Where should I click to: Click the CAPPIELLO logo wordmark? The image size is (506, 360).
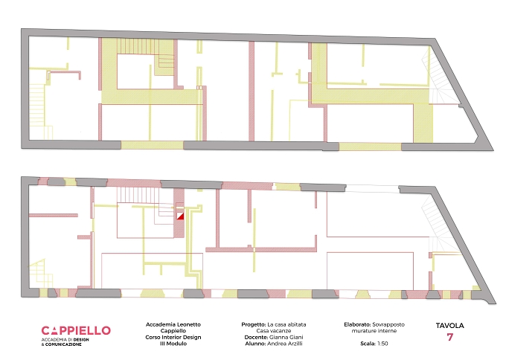click(x=76, y=331)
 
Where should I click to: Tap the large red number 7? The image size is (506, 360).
click(x=450, y=337)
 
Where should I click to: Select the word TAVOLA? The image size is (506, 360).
click(x=450, y=326)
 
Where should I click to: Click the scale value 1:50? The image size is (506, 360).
click(x=382, y=344)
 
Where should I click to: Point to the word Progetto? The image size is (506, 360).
click(x=253, y=324)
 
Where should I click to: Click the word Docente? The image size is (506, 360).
click(x=256, y=337)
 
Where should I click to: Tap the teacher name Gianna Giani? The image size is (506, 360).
click(x=286, y=337)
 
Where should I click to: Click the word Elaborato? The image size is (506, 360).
click(x=358, y=324)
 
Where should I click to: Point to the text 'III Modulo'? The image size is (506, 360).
click(x=173, y=344)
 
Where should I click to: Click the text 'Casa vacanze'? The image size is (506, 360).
click(x=274, y=331)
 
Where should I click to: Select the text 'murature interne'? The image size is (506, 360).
click(x=374, y=331)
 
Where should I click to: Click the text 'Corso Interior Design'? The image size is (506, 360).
click(x=173, y=337)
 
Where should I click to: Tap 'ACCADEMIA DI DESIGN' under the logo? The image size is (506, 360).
click(x=65, y=340)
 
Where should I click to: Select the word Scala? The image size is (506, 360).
click(x=368, y=344)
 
